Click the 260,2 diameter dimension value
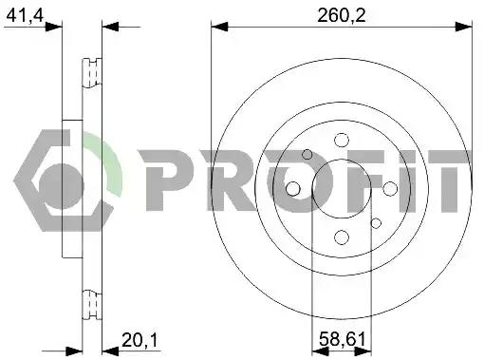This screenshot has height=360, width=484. (x=342, y=15)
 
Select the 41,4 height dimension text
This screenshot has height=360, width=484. (x=25, y=15)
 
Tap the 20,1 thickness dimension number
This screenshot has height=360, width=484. (x=140, y=340)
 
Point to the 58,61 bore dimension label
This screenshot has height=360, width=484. (x=343, y=339)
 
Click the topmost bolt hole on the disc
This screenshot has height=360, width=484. (x=342, y=140)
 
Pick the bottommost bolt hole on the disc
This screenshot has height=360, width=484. (x=342, y=237)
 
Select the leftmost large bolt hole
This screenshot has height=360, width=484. (x=292, y=189)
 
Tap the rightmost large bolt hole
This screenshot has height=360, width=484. (x=390, y=189)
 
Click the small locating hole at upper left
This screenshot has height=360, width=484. (x=307, y=155)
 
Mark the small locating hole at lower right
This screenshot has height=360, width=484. (x=376, y=223)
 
